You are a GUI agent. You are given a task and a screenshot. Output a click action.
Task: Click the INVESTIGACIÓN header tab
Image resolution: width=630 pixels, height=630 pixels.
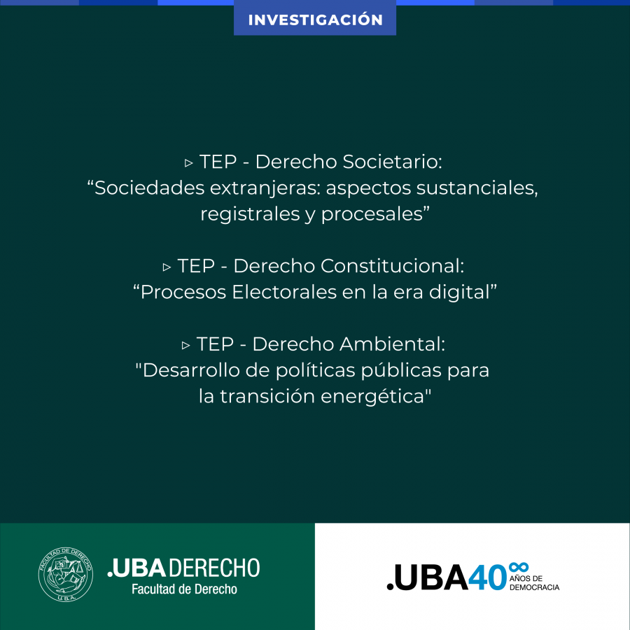(x=315, y=18)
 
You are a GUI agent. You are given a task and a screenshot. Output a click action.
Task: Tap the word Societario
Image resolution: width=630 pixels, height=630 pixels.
(x=392, y=162)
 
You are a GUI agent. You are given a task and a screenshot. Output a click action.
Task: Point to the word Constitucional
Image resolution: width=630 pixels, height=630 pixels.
(x=392, y=266)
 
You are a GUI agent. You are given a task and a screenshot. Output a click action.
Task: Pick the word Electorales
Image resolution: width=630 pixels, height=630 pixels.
(x=284, y=292)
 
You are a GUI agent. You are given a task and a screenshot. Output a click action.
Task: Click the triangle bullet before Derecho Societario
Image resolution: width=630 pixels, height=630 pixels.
(x=189, y=163)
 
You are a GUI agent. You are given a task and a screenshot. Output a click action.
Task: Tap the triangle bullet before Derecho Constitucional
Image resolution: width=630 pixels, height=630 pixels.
(x=167, y=267)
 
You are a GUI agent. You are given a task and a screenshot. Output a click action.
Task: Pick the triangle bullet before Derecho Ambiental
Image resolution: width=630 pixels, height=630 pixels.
(x=185, y=346)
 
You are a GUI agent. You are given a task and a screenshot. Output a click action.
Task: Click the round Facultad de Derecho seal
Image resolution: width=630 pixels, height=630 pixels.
(x=66, y=575)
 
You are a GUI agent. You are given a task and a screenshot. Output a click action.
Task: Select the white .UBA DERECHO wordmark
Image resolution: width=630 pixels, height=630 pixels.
(x=183, y=568)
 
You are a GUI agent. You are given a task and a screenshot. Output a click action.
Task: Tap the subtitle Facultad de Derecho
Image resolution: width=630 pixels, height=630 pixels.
(x=184, y=589)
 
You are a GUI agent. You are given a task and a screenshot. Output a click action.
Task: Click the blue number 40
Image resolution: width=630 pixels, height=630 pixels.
(x=487, y=577)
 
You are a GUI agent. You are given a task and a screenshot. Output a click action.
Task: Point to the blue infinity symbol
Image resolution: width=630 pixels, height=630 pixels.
(x=518, y=567)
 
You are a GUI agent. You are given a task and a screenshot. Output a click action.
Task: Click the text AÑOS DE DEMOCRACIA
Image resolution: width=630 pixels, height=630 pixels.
(x=534, y=582)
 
